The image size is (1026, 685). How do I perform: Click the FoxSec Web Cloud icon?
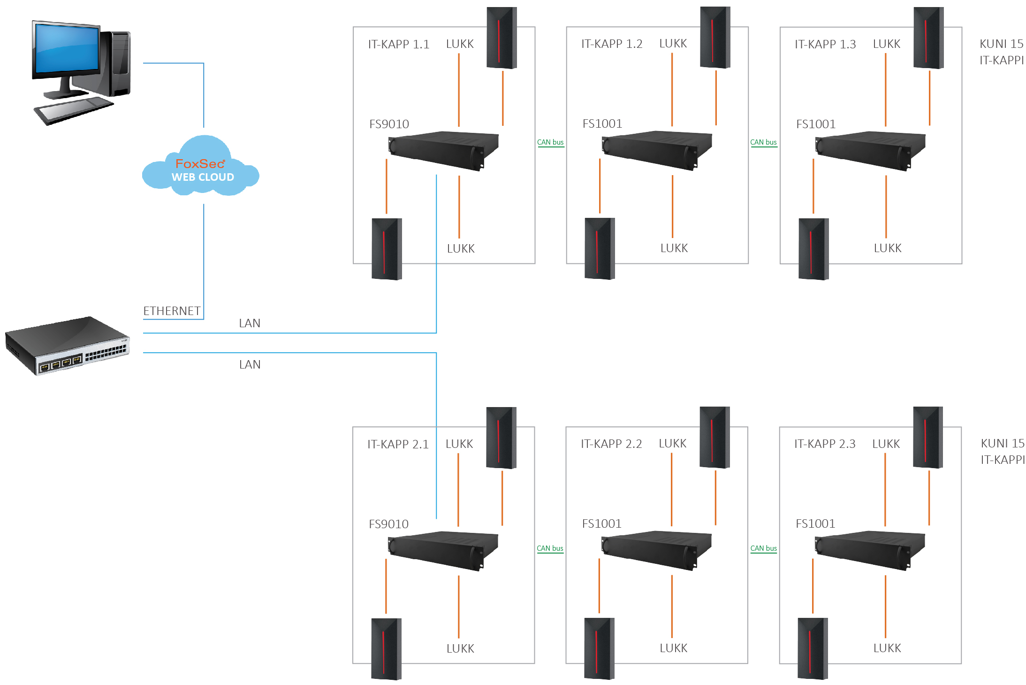tap(201, 166)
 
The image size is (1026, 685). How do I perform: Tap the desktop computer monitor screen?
tap(67, 48)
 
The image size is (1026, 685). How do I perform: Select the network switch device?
tap(67, 346)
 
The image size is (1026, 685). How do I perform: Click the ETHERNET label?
tap(172, 311)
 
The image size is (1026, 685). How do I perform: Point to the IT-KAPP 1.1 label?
tap(398, 44)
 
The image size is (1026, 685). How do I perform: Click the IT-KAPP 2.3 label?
tap(824, 444)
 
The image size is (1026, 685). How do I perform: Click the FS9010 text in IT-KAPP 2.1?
tap(388, 524)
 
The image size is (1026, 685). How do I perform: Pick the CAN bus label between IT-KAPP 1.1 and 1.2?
tap(550, 142)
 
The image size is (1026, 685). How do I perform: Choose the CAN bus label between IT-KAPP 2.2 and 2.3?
tap(763, 548)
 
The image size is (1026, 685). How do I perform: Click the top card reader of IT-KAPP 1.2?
tap(715, 38)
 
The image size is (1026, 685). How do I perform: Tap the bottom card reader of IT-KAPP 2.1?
tap(386, 649)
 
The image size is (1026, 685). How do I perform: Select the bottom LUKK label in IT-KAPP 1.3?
tap(888, 248)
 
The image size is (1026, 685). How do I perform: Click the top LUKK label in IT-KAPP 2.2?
tap(672, 444)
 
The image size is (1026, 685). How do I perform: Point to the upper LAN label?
tap(250, 323)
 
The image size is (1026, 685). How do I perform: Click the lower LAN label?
tap(250, 364)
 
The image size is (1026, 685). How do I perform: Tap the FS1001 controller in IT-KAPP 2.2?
tap(656, 550)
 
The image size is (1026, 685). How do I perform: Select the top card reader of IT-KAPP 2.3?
tap(928, 438)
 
